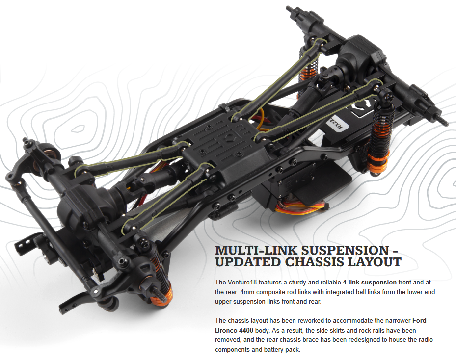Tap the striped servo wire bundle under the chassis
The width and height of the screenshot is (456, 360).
tap(300, 208)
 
